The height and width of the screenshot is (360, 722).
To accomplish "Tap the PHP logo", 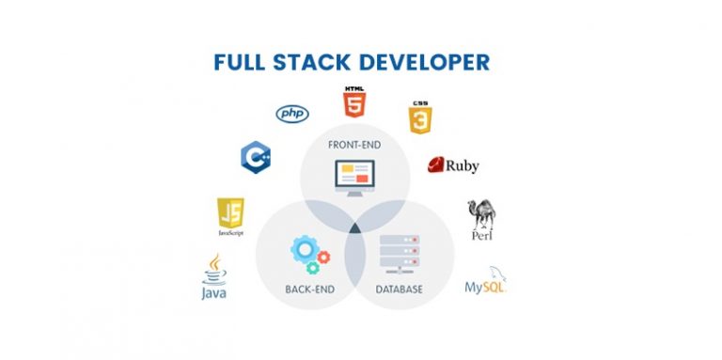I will (x=292, y=114).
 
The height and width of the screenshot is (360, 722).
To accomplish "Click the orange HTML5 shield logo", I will (x=353, y=102).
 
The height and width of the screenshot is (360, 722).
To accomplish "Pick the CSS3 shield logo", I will (x=419, y=118).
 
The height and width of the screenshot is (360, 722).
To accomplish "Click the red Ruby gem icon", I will (x=436, y=165).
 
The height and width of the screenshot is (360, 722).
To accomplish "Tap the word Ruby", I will (x=463, y=166).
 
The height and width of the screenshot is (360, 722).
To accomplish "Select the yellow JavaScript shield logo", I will (x=230, y=213).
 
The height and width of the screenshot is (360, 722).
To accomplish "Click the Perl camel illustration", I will (x=481, y=212).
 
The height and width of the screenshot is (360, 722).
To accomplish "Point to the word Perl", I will (x=482, y=236).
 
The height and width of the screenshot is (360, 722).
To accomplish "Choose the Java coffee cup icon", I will (x=214, y=269).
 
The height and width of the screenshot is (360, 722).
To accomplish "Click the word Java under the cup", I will (x=214, y=293).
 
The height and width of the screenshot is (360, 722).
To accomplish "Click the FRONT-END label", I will (x=353, y=145).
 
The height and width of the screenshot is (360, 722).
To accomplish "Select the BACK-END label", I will (x=311, y=289).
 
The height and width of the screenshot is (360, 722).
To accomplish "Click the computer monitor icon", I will (x=353, y=177).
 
